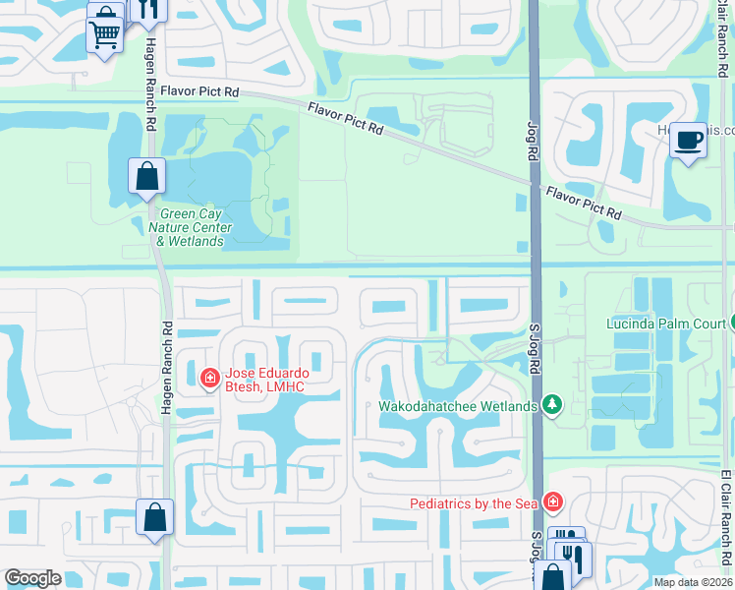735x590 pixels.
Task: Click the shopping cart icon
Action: tap(105, 35)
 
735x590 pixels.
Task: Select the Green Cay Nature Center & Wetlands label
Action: tap(191, 227)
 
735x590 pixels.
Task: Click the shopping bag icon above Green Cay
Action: tap(146, 177)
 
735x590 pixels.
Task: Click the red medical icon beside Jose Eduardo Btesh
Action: tap(209, 378)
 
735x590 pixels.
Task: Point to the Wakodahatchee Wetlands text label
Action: tap(458, 406)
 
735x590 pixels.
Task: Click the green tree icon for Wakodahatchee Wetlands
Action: tap(552, 405)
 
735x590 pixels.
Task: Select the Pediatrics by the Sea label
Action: tap(474, 503)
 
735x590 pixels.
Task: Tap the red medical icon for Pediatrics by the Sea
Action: tap(553, 502)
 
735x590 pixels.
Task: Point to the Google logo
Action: tap(32, 578)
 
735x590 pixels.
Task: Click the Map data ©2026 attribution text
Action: tap(693, 582)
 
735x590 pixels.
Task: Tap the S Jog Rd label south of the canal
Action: tap(537, 350)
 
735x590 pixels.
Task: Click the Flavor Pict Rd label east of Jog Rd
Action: tap(584, 203)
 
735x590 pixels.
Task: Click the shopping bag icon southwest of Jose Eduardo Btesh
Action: tap(155, 518)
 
